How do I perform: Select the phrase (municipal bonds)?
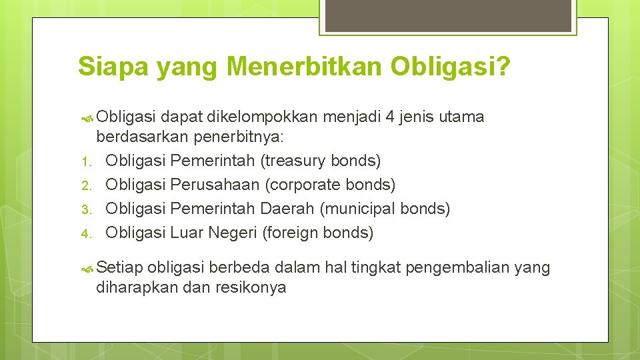[x=385, y=209]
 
